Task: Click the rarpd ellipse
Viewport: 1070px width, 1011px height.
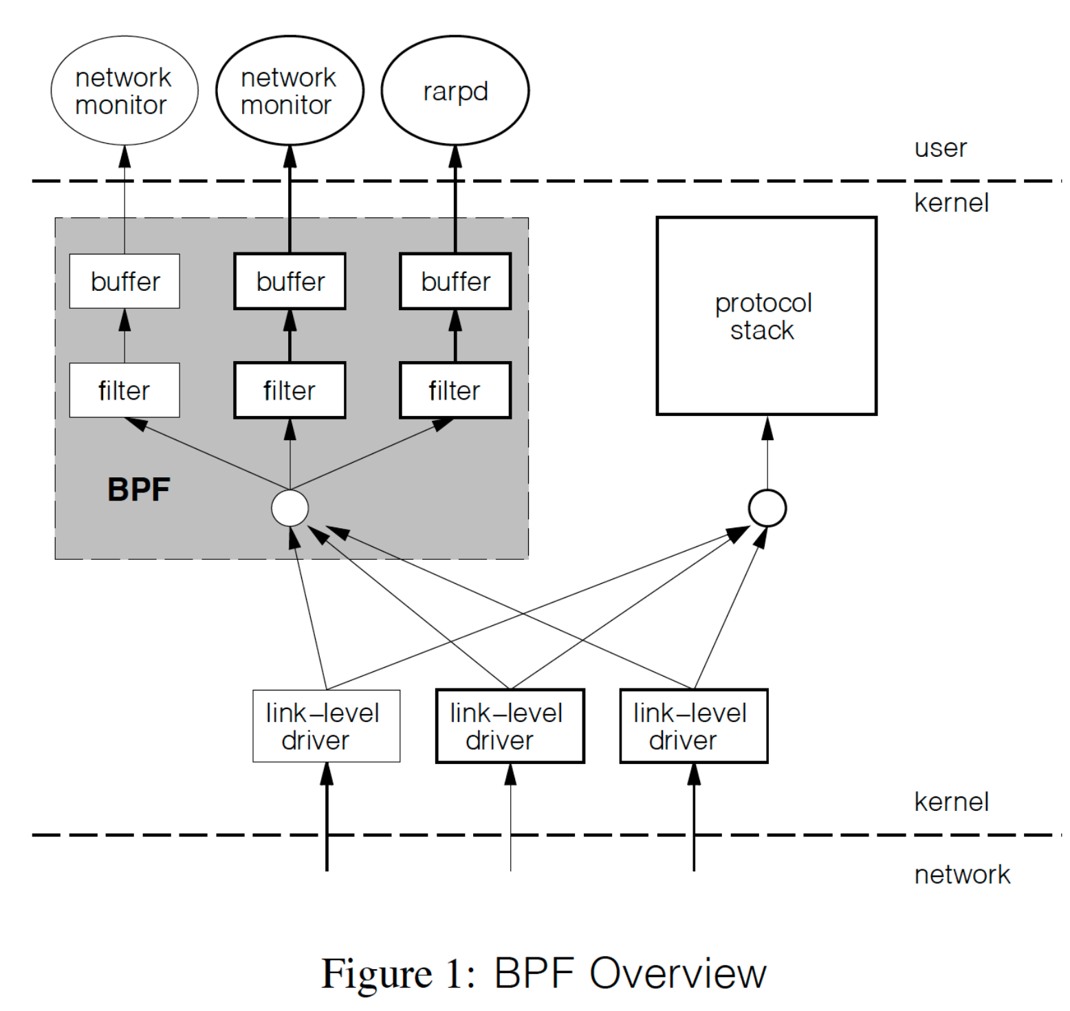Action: [x=455, y=91]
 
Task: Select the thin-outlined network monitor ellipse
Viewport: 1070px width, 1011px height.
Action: [x=124, y=91]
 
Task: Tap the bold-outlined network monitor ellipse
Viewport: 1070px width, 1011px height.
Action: [x=290, y=91]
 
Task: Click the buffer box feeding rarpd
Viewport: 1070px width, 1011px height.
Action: [x=455, y=281]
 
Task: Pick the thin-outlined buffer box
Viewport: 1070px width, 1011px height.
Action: [x=124, y=281]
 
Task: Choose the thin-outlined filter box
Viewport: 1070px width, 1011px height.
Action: [x=124, y=390]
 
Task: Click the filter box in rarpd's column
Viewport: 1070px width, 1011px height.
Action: [x=455, y=390]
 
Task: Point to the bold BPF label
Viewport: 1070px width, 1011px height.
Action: [x=139, y=490]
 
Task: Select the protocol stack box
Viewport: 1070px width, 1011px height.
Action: [x=766, y=316]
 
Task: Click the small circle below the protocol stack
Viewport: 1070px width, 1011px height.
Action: [x=767, y=508]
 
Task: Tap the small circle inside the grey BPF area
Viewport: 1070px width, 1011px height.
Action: [x=290, y=508]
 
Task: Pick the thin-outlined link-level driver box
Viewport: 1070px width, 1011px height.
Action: [x=327, y=726]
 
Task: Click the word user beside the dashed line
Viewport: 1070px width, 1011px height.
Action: [x=940, y=149]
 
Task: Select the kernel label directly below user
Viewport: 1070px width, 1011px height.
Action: [x=951, y=203]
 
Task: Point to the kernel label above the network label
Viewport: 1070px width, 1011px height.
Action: [x=951, y=802]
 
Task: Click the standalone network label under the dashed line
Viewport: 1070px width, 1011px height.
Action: [x=962, y=875]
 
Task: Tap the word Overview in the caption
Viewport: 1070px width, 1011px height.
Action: [x=677, y=974]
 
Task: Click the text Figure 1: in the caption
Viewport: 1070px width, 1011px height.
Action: [x=398, y=974]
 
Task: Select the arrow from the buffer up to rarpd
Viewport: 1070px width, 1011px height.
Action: [x=455, y=199]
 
